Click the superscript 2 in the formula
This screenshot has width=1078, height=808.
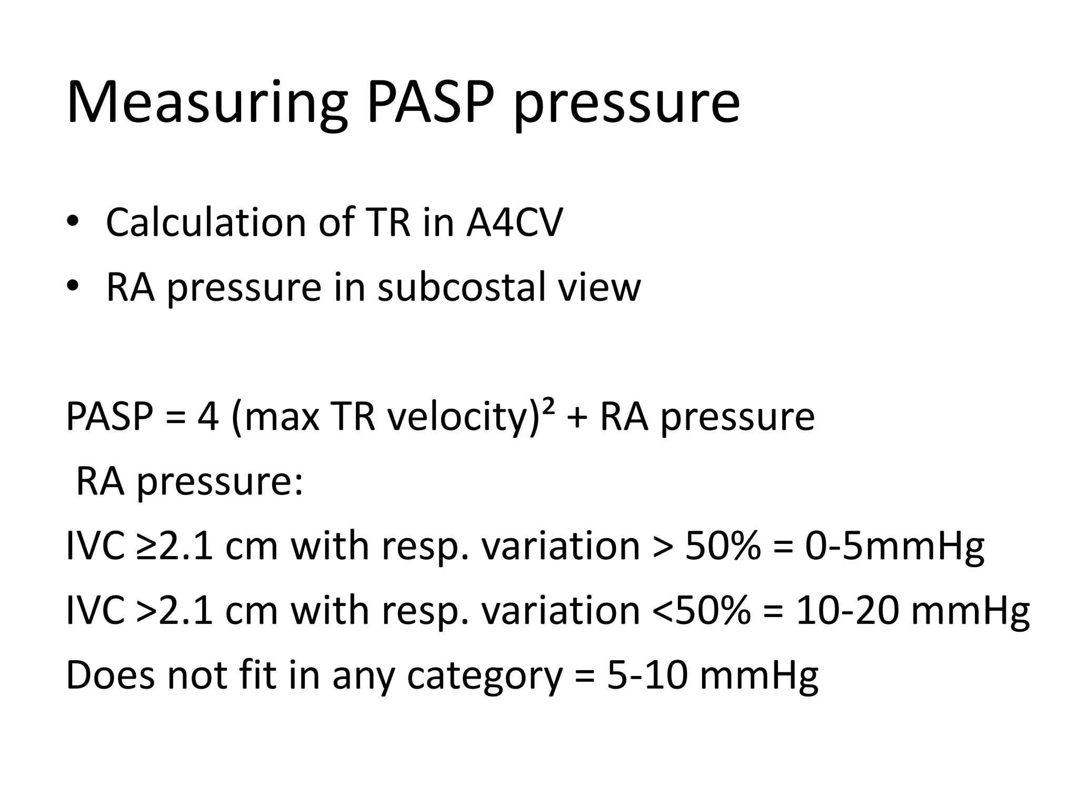coord(548,406)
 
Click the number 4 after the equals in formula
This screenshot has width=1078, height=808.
coord(207,417)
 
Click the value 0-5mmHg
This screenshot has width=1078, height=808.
coord(894,546)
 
